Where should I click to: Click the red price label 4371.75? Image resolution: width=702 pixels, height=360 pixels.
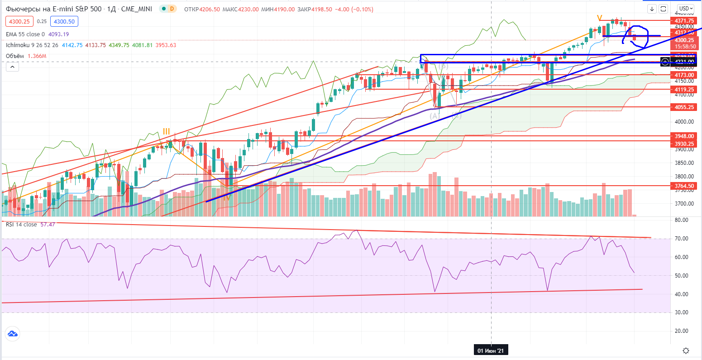(x=684, y=21)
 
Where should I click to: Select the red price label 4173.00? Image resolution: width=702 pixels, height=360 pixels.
(x=684, y=75)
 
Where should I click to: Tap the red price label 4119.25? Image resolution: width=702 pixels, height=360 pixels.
(x=684, y=90)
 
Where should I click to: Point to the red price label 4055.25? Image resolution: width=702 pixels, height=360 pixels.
(x=684, y=107)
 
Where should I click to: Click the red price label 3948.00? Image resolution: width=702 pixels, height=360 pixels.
(x=684, y=136)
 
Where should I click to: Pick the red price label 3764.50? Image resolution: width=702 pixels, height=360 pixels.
(x=684, y=186)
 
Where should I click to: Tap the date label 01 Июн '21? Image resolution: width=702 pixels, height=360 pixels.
(x=491, y=351)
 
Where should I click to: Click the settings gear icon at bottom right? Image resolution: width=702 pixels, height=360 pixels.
(x=686, y=350)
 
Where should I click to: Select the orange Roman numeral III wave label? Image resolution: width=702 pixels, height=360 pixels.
(x=167, y=132)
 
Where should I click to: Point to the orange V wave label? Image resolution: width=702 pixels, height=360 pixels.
(x=600, y=18)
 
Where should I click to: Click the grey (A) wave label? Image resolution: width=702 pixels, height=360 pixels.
(x=435, y=116)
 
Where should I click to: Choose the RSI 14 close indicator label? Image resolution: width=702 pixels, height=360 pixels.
(x=21, y=224)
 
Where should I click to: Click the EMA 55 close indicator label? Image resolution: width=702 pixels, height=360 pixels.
(x=25, y=34)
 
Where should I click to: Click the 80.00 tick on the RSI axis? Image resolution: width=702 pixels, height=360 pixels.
(x=681, y=220)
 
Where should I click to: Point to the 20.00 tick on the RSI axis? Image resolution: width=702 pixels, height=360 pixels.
(x=681, y=331)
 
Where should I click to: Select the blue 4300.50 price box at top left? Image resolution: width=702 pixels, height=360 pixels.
(x=65, y=21)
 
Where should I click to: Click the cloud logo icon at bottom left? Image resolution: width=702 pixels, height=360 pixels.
(x=12, y=334)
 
